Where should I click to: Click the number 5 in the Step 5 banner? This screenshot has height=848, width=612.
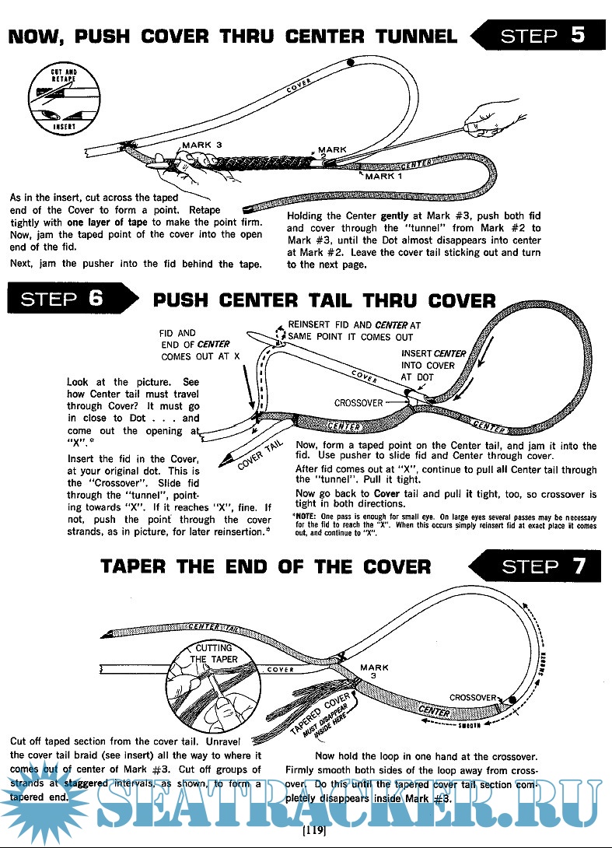click(577, 37)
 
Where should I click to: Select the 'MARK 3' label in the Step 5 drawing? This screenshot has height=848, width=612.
click(202, 145)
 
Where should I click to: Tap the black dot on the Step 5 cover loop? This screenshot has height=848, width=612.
click(351, 61)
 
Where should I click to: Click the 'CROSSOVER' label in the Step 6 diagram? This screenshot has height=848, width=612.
click(358, 403)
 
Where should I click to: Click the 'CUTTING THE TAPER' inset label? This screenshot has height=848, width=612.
click(213, 654)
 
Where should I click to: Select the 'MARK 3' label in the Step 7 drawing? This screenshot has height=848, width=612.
click(374, 671)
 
